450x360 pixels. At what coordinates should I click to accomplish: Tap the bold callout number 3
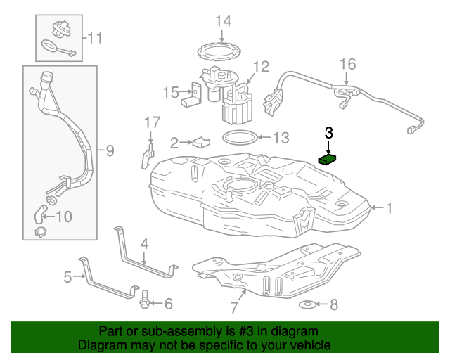[328, 131]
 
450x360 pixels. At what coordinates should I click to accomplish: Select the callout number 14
[222, 20]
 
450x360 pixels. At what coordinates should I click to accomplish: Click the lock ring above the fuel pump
[222, 51]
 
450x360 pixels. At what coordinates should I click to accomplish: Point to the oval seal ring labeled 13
[238, 137]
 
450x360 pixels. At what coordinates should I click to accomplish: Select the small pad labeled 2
[201, 142]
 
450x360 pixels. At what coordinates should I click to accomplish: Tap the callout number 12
[261, 67]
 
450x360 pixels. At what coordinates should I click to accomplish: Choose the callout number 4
[144, 244]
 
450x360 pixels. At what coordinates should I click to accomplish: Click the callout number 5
[68, 277]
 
